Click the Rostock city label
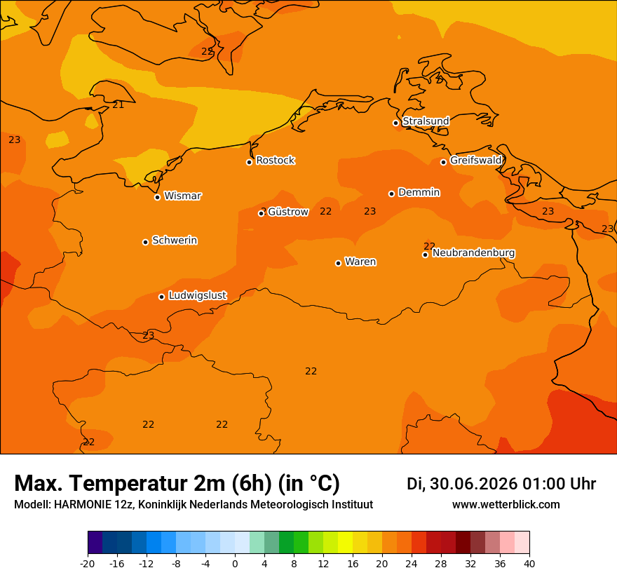click(x=275, y=161)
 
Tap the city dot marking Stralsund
click(x=396, y=123)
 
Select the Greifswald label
click(x=475, y=161)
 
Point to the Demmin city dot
click(x=391, y=194)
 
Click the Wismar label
click(x=182, y=196)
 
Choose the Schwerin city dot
click(x=145, y=242)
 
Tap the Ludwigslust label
click(x=198, y=295)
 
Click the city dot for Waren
click(x=338, y=263)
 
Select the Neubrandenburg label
click(x=473, y=253)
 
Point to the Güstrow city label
click(x=288, y=212)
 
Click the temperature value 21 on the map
click(x=118, y=104)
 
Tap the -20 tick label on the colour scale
click(x=88, y=564)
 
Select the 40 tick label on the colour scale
click(x=529, y=564)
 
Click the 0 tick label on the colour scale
click(x=235, y=564)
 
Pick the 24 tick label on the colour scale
click(x=411, y=564)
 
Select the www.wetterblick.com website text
click(x=506, y=504)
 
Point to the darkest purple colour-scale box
click(x=95, y=542)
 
